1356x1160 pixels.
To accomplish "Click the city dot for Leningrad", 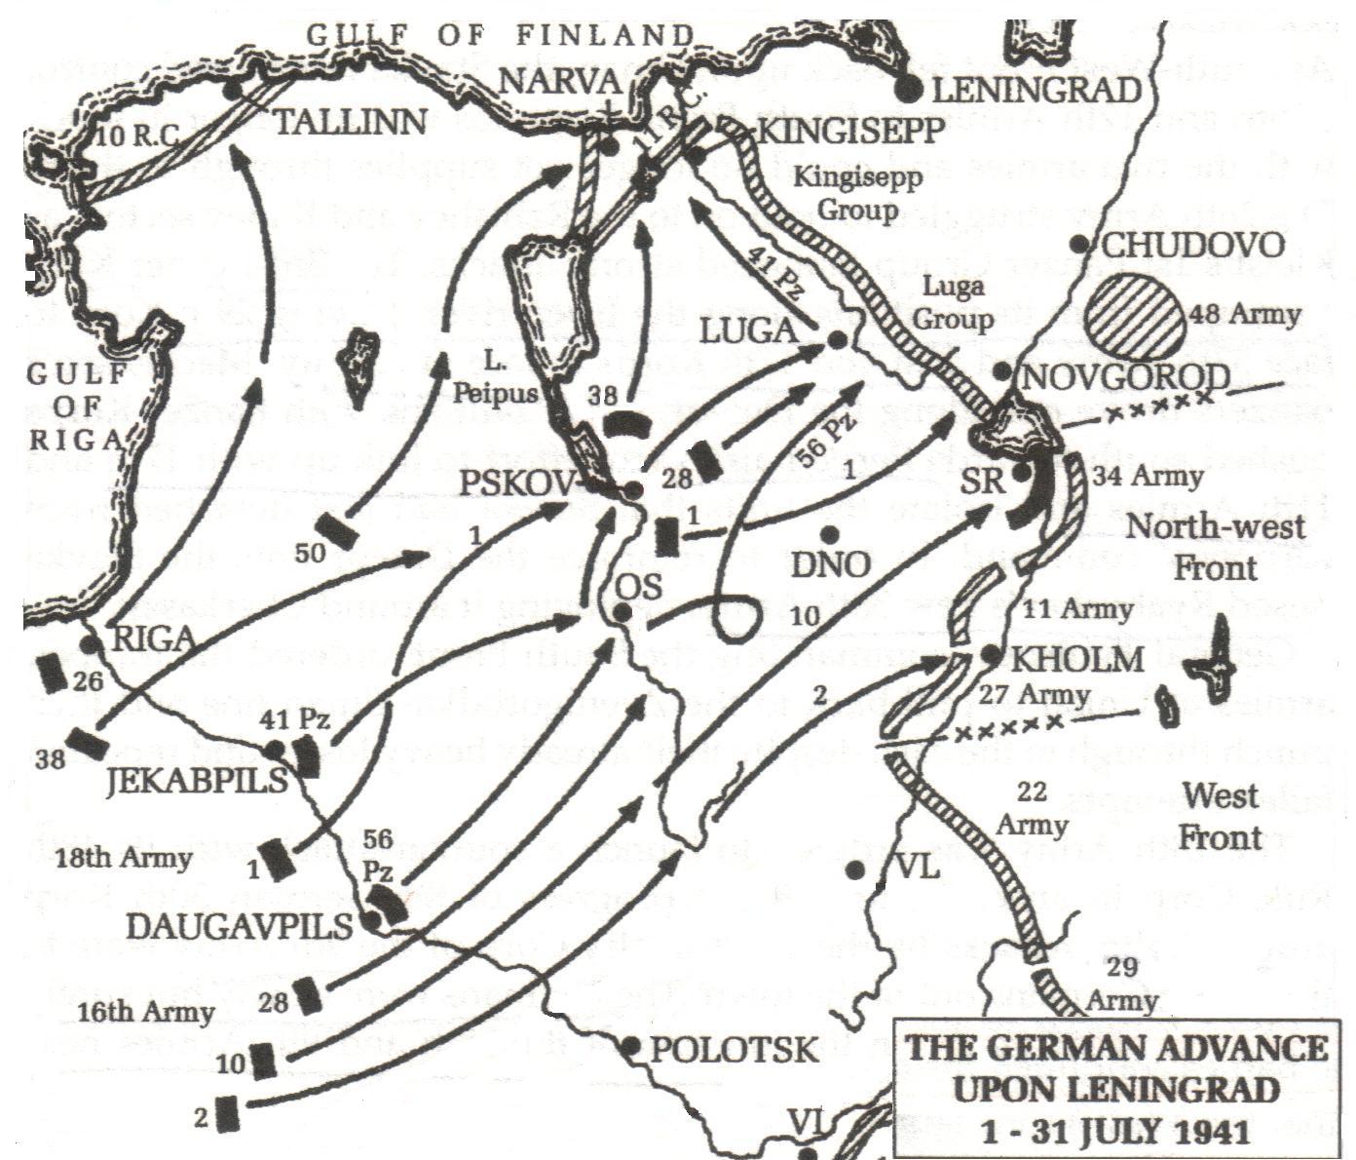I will click(909, 90).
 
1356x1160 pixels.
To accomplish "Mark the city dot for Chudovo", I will click(1079, 245).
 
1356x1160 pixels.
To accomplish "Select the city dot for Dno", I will click(830, 534).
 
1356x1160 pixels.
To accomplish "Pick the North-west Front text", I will click(1217, 548).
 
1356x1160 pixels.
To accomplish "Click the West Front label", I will click(1221, 816).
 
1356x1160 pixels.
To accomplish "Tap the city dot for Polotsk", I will click(630, 1046).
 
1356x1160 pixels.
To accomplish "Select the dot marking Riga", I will click(90, 644).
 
